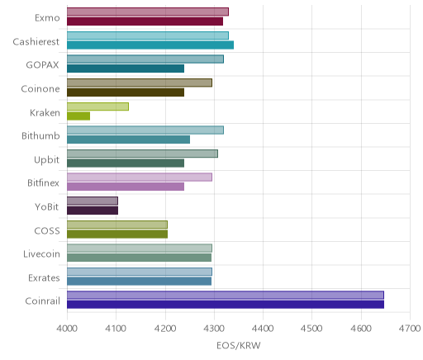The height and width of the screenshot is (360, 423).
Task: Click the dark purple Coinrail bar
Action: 226,305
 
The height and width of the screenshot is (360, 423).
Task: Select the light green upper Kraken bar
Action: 97,107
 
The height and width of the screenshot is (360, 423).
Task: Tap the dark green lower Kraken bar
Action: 78,116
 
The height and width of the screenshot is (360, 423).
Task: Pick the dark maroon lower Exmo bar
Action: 145,21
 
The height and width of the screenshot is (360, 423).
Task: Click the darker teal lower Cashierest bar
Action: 150,45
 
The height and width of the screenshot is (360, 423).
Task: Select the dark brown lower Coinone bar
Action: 126,92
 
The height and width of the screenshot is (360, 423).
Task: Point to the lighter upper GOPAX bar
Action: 145,59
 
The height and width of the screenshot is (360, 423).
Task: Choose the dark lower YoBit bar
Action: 93,211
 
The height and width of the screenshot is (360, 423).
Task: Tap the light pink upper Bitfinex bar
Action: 140,178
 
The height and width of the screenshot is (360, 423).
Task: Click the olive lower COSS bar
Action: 117,234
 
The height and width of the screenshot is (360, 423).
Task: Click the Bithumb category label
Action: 40,135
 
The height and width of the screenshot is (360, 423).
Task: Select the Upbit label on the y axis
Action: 46,160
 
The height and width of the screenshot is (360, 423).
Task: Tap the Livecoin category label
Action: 41,253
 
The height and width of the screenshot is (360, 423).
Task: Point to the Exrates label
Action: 44,277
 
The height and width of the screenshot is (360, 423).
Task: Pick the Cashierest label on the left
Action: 36,41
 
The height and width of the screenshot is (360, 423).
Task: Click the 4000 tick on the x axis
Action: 67,329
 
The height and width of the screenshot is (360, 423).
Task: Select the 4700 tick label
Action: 411,329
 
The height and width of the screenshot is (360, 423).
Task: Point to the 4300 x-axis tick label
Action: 214,329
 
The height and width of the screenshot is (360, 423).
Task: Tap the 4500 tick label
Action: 311,329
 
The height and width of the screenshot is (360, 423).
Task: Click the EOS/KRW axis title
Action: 239,345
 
